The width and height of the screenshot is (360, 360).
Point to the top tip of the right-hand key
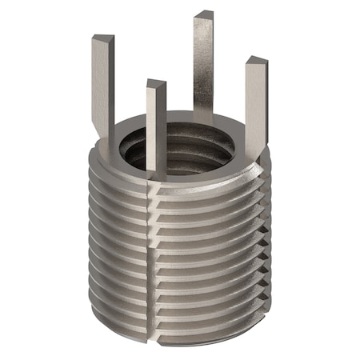click(x=255, y=62)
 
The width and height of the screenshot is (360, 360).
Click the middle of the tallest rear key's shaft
click(x=204, y=64)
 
